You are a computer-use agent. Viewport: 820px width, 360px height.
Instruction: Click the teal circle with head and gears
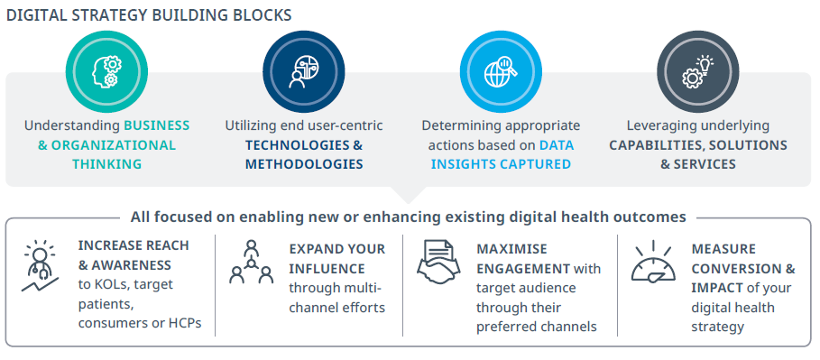106,71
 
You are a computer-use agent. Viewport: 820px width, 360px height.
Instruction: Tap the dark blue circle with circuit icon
304,71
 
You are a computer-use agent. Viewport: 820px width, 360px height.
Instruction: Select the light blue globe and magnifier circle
501,71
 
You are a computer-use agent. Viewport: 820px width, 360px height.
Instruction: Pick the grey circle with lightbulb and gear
698,71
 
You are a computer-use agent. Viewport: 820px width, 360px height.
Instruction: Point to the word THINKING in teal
106,164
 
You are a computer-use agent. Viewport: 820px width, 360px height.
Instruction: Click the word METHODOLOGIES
304,164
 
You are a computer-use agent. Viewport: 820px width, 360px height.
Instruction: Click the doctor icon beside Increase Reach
40,266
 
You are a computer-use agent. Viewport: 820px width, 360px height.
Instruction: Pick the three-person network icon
252,263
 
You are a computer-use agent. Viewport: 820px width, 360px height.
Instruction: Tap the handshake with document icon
438,263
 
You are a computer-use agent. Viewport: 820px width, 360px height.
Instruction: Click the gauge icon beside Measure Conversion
653,263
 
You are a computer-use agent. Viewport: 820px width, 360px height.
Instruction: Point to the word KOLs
109,284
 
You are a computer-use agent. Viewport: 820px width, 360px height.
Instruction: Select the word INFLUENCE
327,269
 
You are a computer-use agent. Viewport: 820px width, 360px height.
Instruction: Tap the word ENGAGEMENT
523,269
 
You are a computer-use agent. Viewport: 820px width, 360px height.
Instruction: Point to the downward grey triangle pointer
408,195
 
